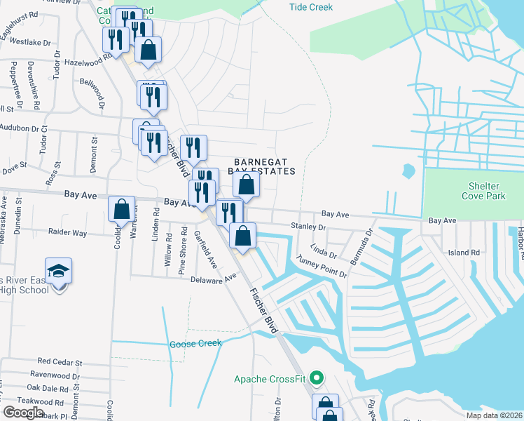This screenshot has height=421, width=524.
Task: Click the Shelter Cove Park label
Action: click(x=480, y=191)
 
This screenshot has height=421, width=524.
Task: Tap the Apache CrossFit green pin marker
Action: click(x=317, y=379)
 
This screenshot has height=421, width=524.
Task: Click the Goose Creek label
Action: click(x=195, y=344)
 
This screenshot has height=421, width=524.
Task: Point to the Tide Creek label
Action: click(x=310, y=7)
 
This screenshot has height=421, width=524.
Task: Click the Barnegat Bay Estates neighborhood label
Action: click(x=261, y=166)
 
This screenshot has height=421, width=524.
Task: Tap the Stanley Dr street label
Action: click(x=308, y=227)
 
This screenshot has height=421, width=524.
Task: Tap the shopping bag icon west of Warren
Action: click(x=122, y=208)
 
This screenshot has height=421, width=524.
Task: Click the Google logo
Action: click(x=23, y=412)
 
